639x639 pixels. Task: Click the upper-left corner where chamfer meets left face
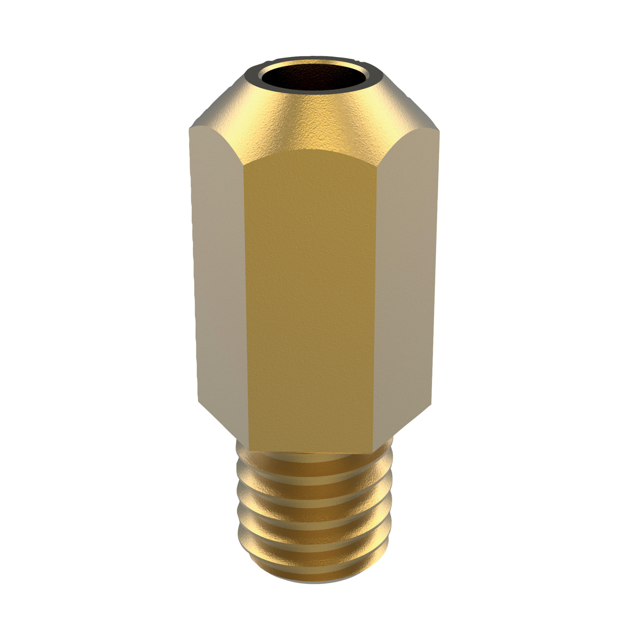(190, 128)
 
